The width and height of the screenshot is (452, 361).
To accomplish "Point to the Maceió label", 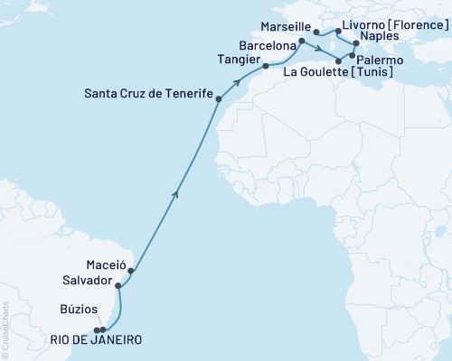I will tap(104, 268).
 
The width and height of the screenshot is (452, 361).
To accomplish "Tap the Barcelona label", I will tap(268, 43).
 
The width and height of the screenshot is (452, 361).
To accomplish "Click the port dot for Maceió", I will tap(131, 270).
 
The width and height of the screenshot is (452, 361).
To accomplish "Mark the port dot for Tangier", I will tap(265, 66).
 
